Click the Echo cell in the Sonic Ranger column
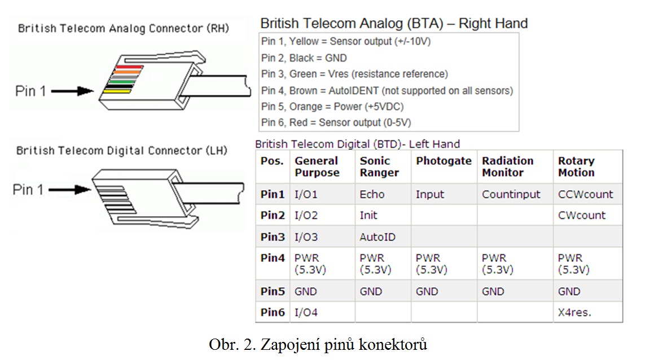pos(372,194)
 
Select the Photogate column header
pos(443,161)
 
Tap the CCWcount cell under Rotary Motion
pos(585,194)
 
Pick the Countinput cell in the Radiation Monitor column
pos(511,194)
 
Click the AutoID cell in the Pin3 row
pos(377,237)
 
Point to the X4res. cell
pos(574,312)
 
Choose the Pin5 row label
pos(273,291)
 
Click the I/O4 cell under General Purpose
pos(306,312)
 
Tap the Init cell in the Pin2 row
pos(368,215)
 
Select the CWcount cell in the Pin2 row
pos(582,215)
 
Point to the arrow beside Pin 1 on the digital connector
pos(70,190)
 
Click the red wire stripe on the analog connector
pos(129,67)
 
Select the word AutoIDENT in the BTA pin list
pos(354,90)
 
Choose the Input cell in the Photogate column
pos(430,194)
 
